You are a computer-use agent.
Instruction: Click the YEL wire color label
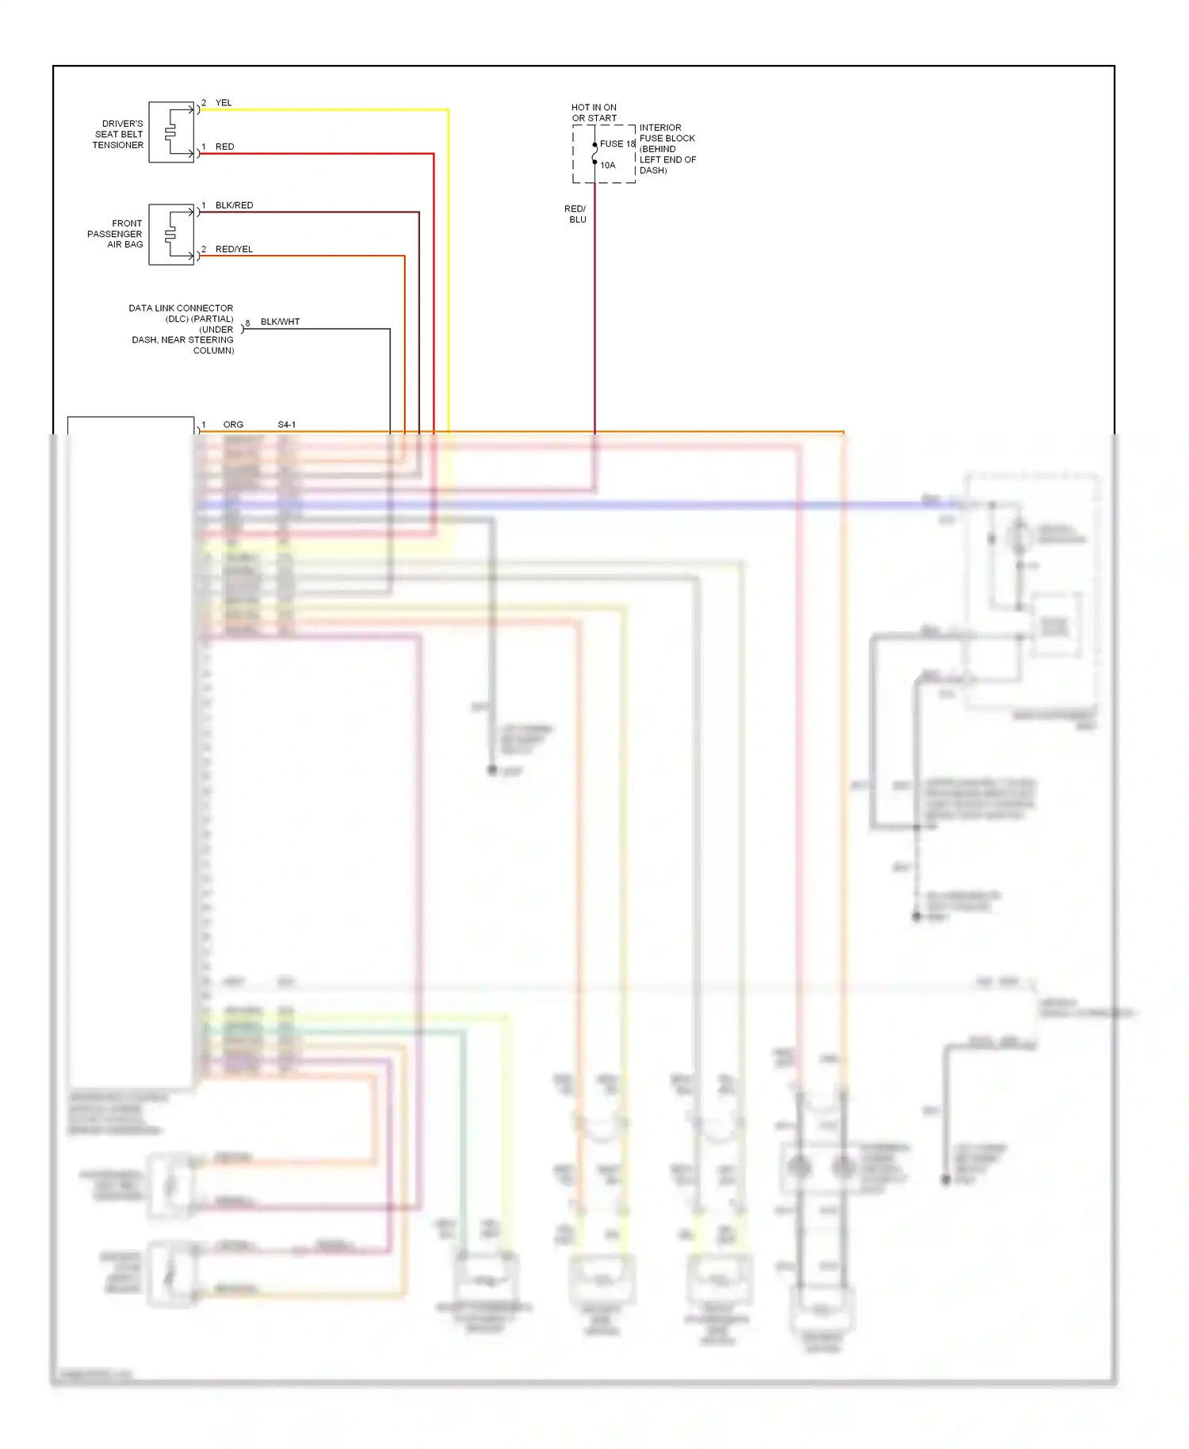(x=224, y=103)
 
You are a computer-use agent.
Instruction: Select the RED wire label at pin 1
(x=224, y=147)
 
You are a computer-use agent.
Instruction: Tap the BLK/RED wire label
(x=234, y=205)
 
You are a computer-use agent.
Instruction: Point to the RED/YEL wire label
(x=234, y=249)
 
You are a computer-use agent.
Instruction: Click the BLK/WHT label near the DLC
(x=280, y=322)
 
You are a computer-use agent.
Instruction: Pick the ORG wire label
(x=233, y=425)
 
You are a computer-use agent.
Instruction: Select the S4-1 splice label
(x=286, y=425)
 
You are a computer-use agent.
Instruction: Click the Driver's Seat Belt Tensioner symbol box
(x=171, y=132)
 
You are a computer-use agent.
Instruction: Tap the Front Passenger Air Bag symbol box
(x=171, y=235)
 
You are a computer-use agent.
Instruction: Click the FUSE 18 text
(x=617, y=144)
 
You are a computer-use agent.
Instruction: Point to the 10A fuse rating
(x=607, y=166)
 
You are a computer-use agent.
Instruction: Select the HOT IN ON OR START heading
(x=594, y=113)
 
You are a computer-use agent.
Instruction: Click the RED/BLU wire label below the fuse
(x=576, y=214)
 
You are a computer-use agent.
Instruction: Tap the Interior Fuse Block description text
(x=667, y=149)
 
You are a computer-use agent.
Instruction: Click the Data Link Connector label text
(x=182, y=329)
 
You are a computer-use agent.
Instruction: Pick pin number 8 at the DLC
(x=247, y=323)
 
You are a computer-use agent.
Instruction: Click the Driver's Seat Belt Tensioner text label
(x=119, y=135)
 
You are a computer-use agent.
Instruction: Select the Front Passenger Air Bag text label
(x=116, y=234)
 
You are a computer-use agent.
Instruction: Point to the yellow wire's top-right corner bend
(x=448, y=110)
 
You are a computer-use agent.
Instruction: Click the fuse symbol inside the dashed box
(x=594, y=154)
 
